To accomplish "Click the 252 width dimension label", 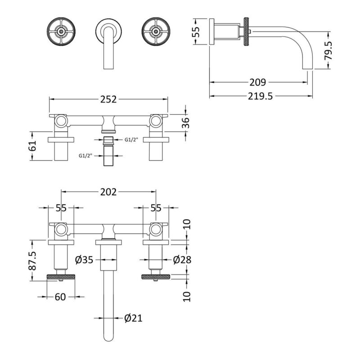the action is (108, 99).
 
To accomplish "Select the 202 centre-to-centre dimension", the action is (108, 192).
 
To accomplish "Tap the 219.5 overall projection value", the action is (261, 96).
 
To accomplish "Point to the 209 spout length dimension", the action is (258, 82).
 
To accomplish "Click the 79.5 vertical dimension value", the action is (328, 50).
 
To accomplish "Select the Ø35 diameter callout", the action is (84, 260).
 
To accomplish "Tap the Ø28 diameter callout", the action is (182, 260).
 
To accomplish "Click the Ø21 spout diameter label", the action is (133, 318).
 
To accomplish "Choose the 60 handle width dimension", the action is (60, 297).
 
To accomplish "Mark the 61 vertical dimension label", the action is (33, 145).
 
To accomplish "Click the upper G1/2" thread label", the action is (131, 139).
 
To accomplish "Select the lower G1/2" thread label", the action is (85, 156).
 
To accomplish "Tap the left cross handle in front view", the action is (61, 31).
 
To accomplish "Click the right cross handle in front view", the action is (156, 31).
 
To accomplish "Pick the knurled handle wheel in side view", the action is (247, 31).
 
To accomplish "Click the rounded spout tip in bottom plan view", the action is (108, 339).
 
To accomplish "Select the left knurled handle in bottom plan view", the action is (61, 277).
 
